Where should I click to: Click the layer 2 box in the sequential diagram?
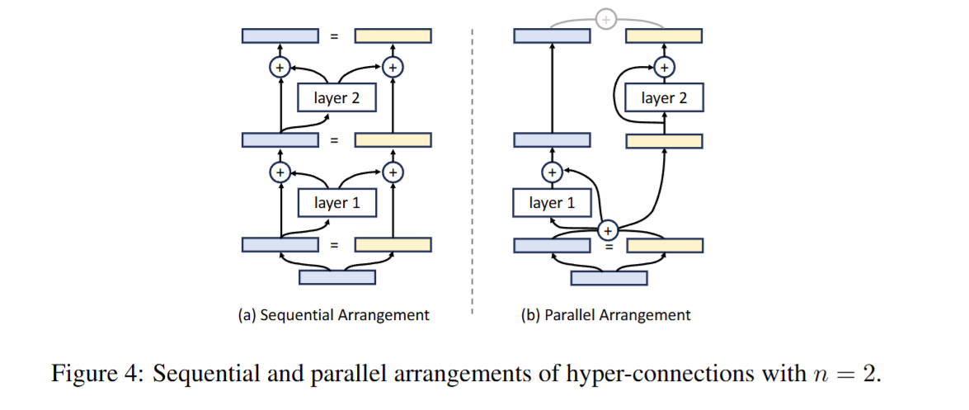pyautogui.click(x=336, y=99)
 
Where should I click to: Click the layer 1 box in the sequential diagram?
pyautogui.click(x=336, y=203)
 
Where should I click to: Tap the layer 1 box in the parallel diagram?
pyautogui.click(x=552, y=203)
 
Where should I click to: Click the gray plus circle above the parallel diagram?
pyautogui.click(x=606, y=17)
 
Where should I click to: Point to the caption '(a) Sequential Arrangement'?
pyautogui.click(x=333, y=315)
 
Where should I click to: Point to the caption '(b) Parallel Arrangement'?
pyautogui.click(x=606, y=315)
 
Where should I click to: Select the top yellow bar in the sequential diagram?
pyautogui.click(x=393, y=35)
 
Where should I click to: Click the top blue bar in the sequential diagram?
pyautogui.click(x=280, y=35)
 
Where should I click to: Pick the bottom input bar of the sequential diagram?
pyautogui.click(x=336, y=277)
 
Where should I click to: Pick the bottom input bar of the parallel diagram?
pyautogui.click(x=609, y=277)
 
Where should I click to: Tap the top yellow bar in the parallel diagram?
pyautogui.click(x=664, y=35)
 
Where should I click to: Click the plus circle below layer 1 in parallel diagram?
pyautogui.click(x=608, y=231)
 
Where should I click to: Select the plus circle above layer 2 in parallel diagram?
pyautogui.click(x=665, y=67)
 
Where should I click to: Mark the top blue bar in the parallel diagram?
pyautogui.click(x=552, y=35)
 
